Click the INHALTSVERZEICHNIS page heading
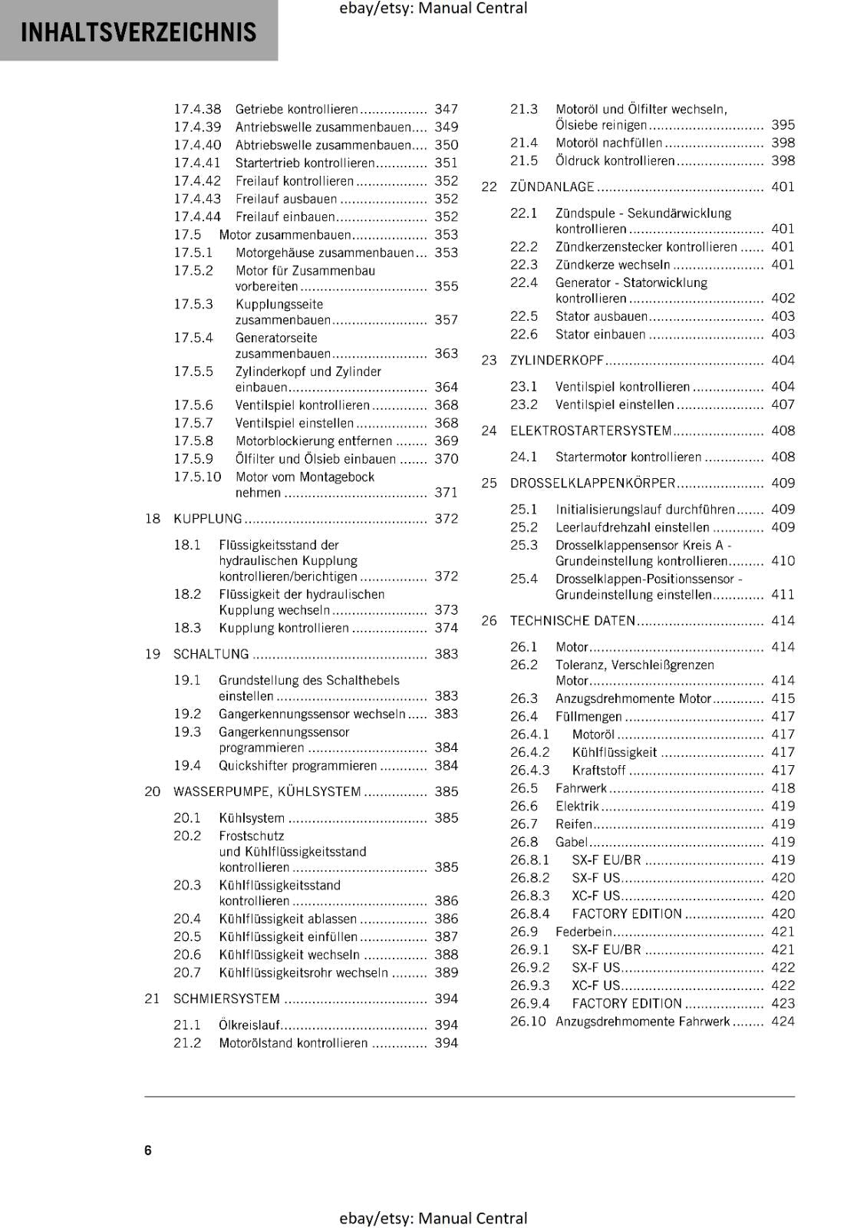pos(139,32)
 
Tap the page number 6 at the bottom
pos(148,1150)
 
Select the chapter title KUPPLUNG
pos(207,519)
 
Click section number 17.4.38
pos(196,109)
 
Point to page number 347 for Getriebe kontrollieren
pos(446,109)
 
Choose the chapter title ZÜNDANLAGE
pos(552,187)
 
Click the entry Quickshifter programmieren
pos(298,766)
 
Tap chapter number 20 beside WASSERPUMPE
pos(152,792)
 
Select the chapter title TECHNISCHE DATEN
pos(572,621)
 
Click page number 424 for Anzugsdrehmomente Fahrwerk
pos(783,1022)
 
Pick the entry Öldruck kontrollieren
pos(615,160)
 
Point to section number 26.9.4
pos(529,1004)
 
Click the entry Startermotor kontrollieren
pos(628,457)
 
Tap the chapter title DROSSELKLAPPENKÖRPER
pos(592,484)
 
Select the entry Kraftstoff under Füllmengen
pos(598,771)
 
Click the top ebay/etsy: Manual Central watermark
pos(433,8)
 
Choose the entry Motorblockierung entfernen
pos(314,441)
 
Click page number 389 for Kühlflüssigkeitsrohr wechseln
pos(446,973)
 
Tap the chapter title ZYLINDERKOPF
pos(557,361)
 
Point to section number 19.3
pos(187,732)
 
